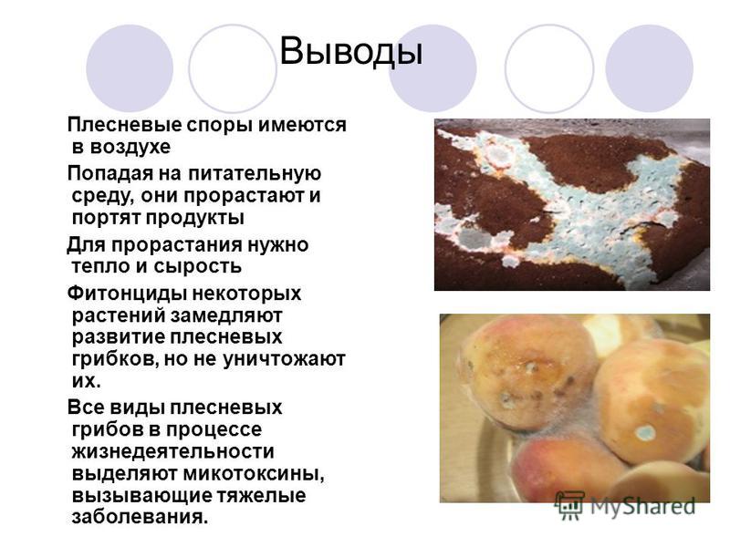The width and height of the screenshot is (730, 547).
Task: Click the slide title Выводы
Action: [351, 51]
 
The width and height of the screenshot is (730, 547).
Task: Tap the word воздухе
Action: [130, 147]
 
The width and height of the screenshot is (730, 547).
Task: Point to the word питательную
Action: [255, 173]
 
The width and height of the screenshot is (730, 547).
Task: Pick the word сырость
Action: [197, 266]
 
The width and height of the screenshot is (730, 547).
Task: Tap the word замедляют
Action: [226, 315]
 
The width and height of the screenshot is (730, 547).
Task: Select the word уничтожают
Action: [284, 359]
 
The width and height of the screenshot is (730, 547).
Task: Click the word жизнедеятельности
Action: [172, 451]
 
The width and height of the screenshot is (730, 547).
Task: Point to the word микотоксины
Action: [254, 474]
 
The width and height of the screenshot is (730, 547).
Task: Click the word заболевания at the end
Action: [140, 517]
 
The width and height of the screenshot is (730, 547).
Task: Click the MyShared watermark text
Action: [643, 506]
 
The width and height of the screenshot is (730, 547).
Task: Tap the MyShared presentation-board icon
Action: [569, 505]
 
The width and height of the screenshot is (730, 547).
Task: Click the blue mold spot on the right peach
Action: [645, 432]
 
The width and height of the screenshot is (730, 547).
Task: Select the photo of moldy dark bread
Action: [572, 204]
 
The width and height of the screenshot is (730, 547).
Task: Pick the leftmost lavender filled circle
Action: [130, 68]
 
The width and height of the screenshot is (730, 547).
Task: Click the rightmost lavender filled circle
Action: [649, 68]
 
